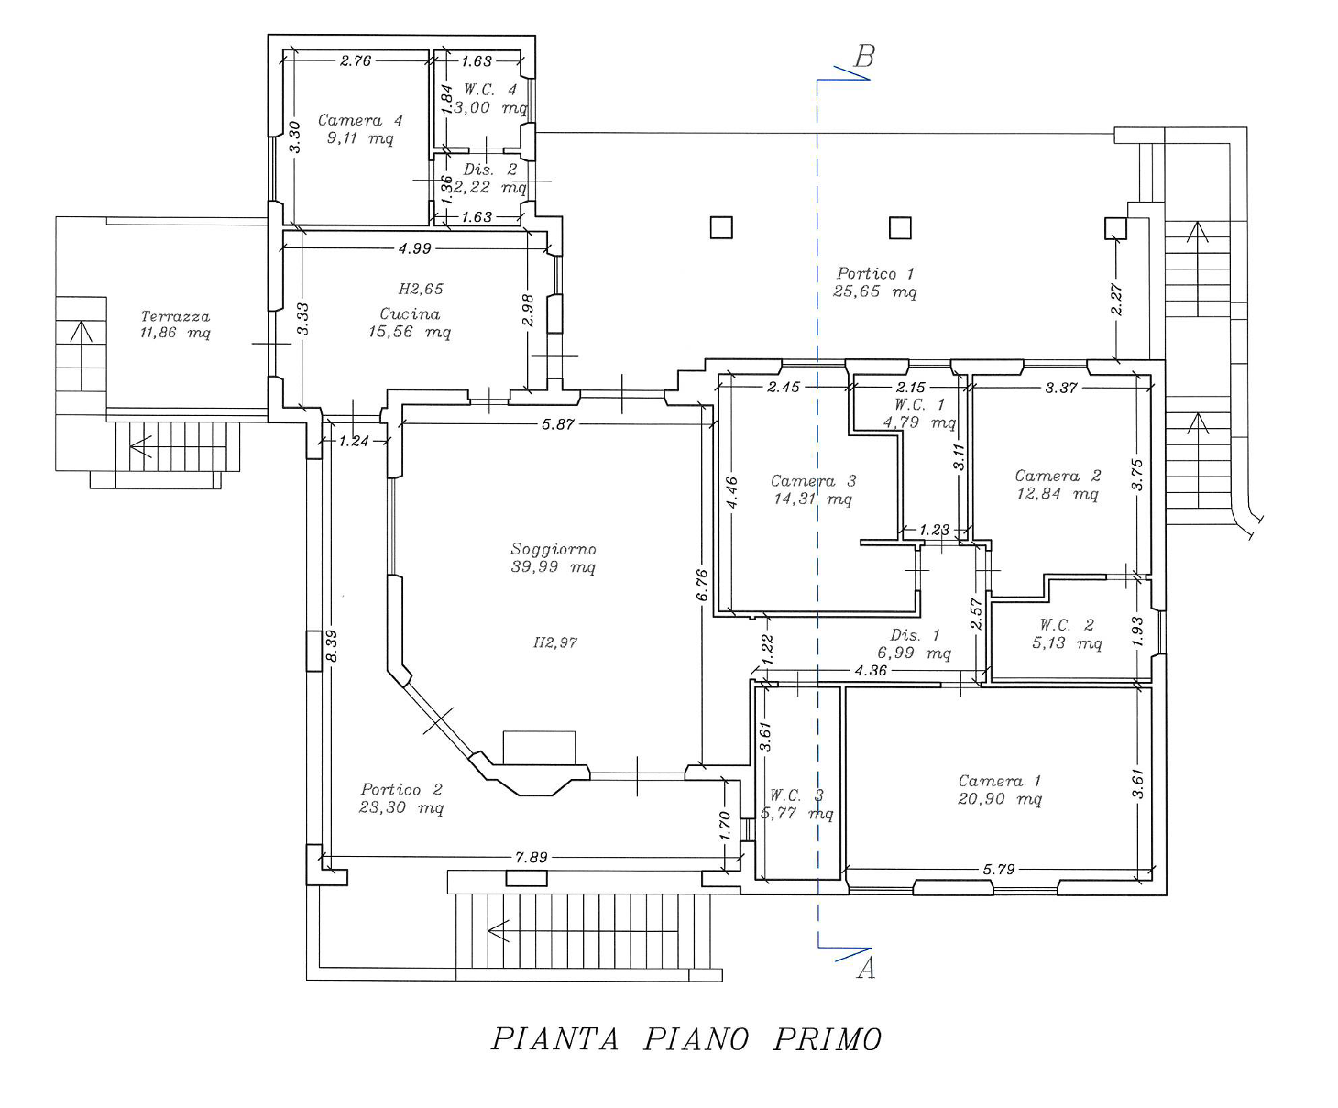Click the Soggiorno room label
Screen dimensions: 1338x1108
tap(553, 549)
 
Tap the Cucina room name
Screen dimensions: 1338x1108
tap(411, 314)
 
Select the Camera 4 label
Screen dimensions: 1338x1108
tap(360, 120)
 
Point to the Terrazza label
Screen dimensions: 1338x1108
tap(175, 316)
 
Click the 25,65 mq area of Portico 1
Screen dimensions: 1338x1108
tap(874, 291)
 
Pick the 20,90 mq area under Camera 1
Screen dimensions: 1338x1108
tap(1000, 799)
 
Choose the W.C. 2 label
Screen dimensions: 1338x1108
tap(1067, 624)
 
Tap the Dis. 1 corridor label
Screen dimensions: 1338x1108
tap(915, 635)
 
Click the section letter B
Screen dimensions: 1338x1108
tap(864, 57)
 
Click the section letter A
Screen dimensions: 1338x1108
tap(866, 968)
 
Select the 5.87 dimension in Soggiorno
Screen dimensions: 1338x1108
tap(557, 424)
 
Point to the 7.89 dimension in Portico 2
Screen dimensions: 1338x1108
tap(532, 858)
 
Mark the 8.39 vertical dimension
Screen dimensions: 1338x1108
tap(332, 646)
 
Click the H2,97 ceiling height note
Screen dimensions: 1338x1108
tap(555, 642)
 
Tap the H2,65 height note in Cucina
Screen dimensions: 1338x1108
tap(421, 289)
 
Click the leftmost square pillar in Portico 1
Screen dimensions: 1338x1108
tap(721, 227)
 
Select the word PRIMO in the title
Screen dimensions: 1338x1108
tap(827, 1039)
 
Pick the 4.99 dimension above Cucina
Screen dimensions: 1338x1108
tap(414, 248)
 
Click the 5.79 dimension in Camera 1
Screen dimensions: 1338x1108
tap(998, 870)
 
